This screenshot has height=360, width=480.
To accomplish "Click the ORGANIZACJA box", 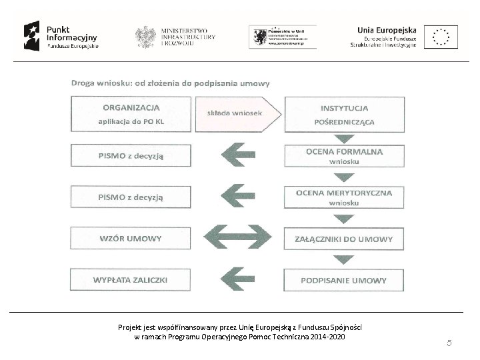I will pos(131,114).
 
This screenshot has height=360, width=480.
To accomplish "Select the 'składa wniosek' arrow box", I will pos(239,113).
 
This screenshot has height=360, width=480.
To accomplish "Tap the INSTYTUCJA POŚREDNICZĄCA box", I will pos(344,114).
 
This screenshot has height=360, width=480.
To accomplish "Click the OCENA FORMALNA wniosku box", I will pos(344,155).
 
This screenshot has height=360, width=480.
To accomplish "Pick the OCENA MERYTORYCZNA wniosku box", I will pos(344,197).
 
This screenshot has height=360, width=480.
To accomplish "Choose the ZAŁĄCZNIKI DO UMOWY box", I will pos(344,238).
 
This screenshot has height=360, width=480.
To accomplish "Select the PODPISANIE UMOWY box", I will pos(344,280).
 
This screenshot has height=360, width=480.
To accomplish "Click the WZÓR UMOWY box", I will pos(131,238).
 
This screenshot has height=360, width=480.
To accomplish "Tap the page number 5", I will pos(449,343).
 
